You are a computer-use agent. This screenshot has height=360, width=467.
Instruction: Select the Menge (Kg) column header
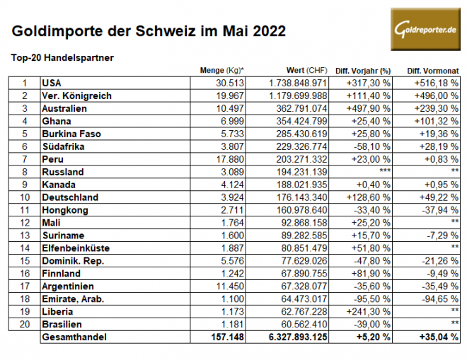(x=221, y=71)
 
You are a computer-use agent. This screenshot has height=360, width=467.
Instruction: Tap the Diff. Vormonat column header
(x=433, y=71)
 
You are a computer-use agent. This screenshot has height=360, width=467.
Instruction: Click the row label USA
(x=52, y=83)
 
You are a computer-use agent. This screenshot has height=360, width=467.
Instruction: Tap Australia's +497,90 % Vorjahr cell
(x=365, y=109)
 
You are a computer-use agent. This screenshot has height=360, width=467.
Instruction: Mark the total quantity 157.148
(x=227, y=338)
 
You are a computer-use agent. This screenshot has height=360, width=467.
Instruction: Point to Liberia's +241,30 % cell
(x=365, y=311)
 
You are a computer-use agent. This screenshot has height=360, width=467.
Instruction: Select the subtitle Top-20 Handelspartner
(x=63, y=57)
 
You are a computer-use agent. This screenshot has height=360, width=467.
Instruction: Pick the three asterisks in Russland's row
(x=385, y=172)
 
